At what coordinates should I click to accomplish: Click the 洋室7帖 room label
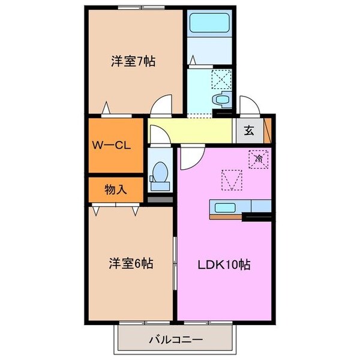click(133, 61)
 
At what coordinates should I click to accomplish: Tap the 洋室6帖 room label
click(131, 263)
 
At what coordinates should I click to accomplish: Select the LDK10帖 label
click(225, 264)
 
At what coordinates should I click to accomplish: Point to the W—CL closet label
click(112, 145)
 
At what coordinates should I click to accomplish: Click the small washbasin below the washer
click(221, 99)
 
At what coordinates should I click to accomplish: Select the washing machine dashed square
click(221, 78)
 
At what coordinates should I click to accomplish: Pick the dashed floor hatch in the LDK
click(232, 179)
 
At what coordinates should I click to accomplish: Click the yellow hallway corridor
click(192, 131)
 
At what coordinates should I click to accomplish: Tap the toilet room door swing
click(157, 137)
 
